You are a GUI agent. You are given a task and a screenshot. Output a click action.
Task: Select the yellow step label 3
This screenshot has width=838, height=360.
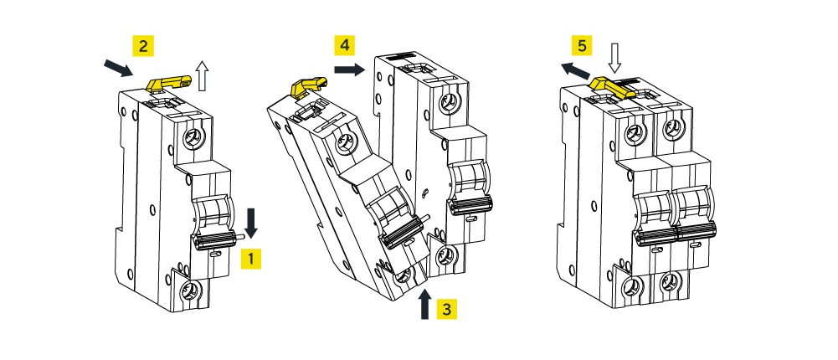447,308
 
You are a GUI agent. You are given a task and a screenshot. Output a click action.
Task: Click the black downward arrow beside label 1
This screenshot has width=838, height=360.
252,222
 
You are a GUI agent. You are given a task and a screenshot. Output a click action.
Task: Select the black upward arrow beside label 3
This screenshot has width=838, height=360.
425,304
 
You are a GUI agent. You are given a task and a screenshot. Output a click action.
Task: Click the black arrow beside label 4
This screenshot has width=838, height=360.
347,70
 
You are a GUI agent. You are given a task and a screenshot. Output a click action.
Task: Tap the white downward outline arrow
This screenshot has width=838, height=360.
615,59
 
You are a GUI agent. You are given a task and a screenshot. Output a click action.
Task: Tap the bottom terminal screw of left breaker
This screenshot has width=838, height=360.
190,291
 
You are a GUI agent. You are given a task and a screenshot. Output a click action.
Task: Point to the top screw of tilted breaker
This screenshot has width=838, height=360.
343,145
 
